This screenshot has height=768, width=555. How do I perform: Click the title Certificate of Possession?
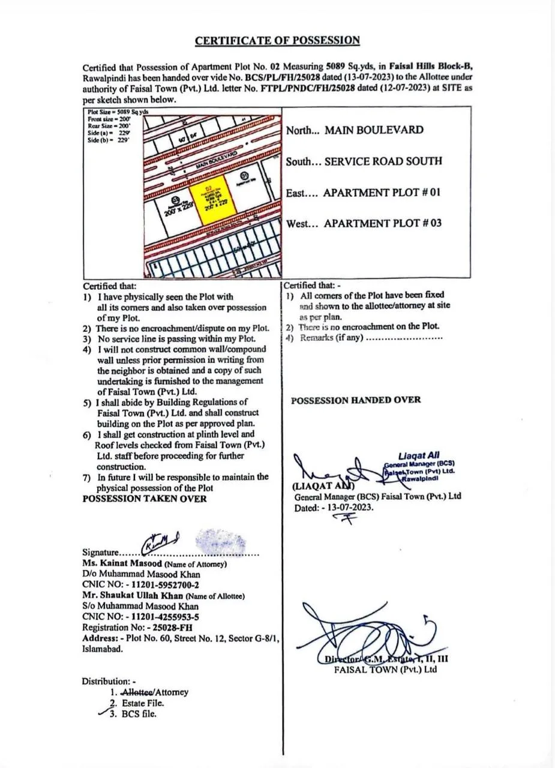tap(277, 41)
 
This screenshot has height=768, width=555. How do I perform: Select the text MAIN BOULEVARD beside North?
tap(373, 130)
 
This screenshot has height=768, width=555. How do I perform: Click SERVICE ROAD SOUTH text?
tap(383, 161)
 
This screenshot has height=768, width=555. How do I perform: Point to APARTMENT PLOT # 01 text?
tap(382, 193)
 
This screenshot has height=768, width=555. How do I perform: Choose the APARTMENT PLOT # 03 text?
tap(383, 223)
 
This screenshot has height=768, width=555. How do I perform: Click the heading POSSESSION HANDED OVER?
tap(356, 400)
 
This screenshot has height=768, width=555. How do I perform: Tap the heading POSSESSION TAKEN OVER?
tap(144, 499)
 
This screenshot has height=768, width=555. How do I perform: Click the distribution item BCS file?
tap(139, 714)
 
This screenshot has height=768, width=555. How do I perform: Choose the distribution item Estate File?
tap(143, 703)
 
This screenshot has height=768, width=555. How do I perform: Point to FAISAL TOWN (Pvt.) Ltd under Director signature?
tap(385, 670)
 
